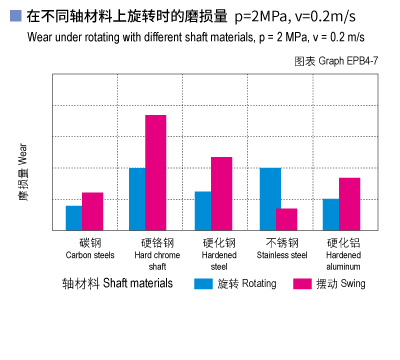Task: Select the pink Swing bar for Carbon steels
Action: coord(92,211)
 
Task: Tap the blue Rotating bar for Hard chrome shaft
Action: coord(138,199)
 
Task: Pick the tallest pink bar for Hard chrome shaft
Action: coord(156,172)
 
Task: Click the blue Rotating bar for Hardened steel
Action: coord(203,210)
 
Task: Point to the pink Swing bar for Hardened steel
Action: coord(221,193)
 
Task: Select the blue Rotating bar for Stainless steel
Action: coord(269,199)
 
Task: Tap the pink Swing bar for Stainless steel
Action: coord(287,219)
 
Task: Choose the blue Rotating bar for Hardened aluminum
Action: coord(331,214)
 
